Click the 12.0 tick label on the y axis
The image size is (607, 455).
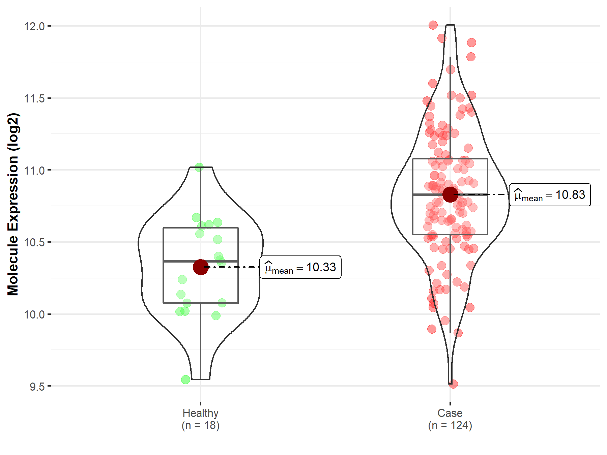point(34,26)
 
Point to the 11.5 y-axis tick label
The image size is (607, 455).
point(34,98)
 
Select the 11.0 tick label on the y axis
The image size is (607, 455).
point(34,171)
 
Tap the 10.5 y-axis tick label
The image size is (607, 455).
point(34,242)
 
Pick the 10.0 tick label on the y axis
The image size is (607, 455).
point(34,314)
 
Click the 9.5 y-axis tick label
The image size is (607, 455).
point(37,387)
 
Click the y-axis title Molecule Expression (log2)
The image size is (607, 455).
point(13,204)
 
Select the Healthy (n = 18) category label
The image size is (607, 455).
point(201,419)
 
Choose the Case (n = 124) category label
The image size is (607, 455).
point(450,419)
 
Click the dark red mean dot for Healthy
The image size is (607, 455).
point(201,267)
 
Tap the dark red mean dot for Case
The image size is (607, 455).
point(450,194)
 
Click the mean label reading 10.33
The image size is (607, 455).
point(300,267)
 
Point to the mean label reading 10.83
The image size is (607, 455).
point(550,195)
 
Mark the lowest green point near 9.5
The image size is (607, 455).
point(185,380)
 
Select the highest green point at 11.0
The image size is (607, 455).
point(199,167)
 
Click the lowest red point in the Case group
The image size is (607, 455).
point(453,384)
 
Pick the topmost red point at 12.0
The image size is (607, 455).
point(433,25)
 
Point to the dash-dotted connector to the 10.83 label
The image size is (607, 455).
point(482,194)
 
